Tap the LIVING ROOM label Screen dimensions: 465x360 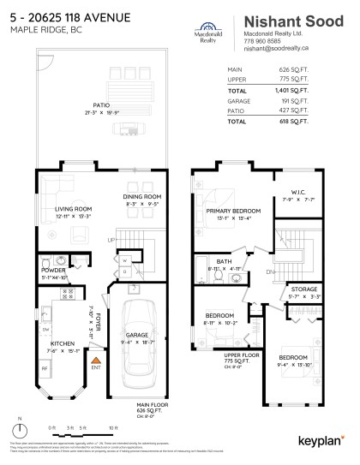(x=74, y=208)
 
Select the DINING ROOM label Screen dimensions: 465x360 (x=142, y=198)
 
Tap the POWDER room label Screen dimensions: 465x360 (x=51, y=270)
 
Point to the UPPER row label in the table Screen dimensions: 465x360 (x=236, y=80)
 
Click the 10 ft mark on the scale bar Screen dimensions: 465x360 (x=113, y=426)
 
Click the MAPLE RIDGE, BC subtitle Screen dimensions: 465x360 (x=38, y=30)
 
